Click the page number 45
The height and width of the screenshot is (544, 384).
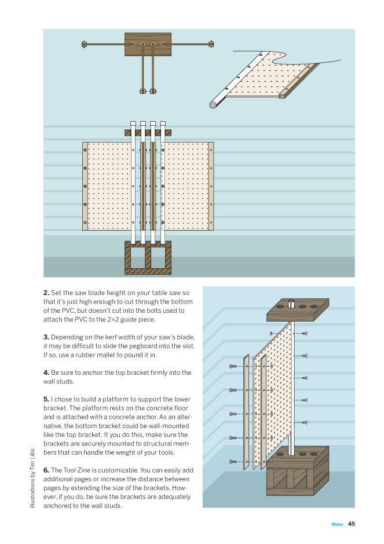pyautogui.click(x=351, y=524)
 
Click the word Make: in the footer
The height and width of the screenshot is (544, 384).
pyautogui.click(x=338, y=524)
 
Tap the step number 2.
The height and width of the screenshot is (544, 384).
pyautogui.click(x=46, y=293)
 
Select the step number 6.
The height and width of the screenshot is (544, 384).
pyautogui.click(x=46, y=469)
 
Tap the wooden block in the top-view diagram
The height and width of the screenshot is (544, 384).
pyautogui.click(x=148, y=44)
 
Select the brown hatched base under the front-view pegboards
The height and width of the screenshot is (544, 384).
pyautogui.click(x=148, y=257)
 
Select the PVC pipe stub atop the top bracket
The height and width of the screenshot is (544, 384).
pyautogui.click(x=292, y=303)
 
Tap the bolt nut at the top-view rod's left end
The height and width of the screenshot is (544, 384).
pyautogui.click(x=85, y=43)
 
